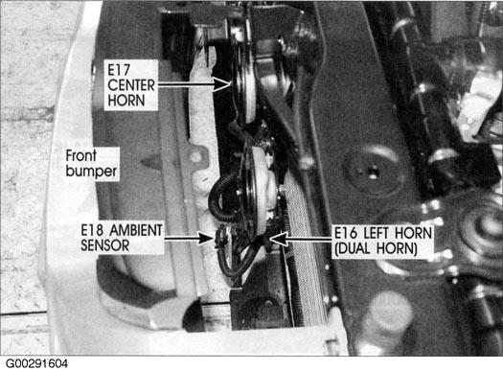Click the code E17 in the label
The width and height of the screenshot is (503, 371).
[x=119, y=70]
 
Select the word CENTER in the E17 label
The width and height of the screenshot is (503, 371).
[x=131, y=85]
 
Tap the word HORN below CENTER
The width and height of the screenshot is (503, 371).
[x=126, y=101]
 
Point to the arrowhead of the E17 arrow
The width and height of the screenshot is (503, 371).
[x=222, y=84]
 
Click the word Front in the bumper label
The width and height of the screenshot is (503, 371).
[x=80, y=155]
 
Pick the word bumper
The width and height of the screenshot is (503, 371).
[x=91, y=171]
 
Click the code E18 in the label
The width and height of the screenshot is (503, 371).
[x=92, y=230]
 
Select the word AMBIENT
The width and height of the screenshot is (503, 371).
[x=136, y=230]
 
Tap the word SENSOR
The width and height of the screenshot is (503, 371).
[x=104, y=245]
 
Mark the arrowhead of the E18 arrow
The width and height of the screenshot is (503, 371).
[x=205, y=238]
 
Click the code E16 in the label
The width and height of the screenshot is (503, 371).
[x=346, y=233]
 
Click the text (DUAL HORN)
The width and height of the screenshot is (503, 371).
[x=376, y=248]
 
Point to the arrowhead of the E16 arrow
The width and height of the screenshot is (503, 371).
[x=278, y=239]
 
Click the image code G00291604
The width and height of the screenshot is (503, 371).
[x=36, y=364]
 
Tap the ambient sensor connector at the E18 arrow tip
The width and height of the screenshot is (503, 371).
[x=220, y=237]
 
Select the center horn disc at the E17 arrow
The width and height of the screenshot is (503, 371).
[x=245, y=86]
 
